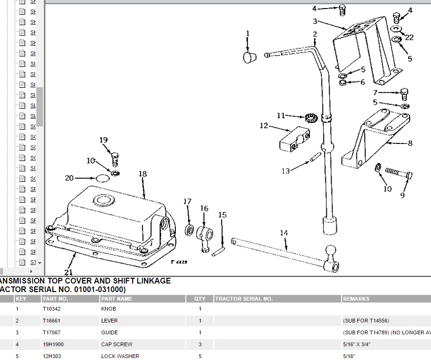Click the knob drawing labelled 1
[x=249, y=57]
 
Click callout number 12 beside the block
[x=264, y=126]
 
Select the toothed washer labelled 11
[x=311, y=117]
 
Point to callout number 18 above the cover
[x=143, y=174]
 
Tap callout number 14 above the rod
[x=284, y=233]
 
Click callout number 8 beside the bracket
[x=409, y=143]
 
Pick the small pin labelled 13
[x=315, y=158]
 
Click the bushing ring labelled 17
[x=189, y=231]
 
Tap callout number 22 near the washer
[x=409, y=38]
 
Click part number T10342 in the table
[x=51, y=309]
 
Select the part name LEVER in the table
[x=109, y=321]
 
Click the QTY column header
[x=200, y=299]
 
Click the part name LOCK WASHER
[x=120, y=356]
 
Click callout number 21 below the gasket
[x=69, y=272]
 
